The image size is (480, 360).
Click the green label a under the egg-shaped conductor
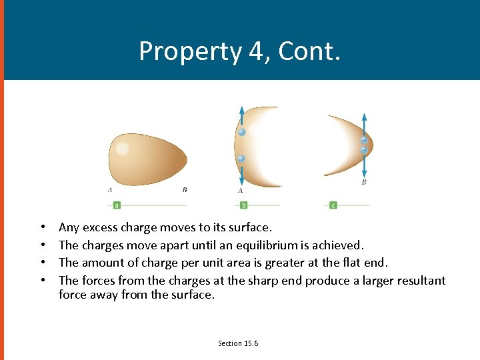[x=117, y=205]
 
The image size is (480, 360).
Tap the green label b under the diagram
[x=244, y=205]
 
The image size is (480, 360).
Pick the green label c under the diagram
[x=333, y=205]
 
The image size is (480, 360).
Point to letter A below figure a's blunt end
[x=110, y=190]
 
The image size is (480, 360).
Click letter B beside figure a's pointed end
[x=185, y=190]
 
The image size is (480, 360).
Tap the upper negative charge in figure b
[x=242, y=132]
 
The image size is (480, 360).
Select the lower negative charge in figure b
[x=241, y=159]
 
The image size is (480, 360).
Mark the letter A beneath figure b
[x=241, y=191]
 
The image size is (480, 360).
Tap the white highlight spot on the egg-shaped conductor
[x=122, y=148]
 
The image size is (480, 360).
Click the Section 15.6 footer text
[x=238, y=343]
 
